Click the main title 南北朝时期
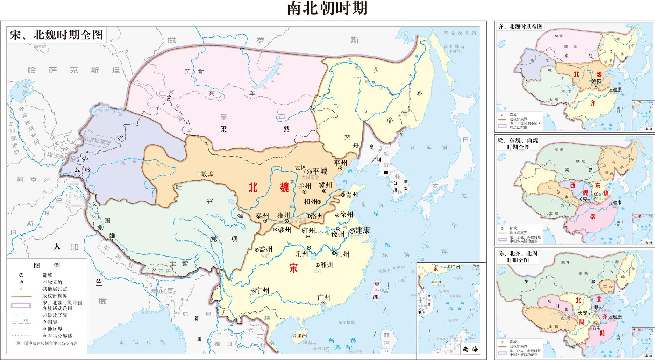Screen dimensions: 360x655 point(327,8)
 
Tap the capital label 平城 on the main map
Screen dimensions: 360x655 point(320,171)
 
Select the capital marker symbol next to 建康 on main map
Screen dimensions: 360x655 point(352,231)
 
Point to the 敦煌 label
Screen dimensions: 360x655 point(207,174)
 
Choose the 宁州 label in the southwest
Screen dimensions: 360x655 point(262,290)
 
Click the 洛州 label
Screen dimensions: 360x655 point(318,216)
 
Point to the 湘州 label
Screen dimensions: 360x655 point(327,265)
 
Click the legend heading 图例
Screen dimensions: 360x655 point(47,266)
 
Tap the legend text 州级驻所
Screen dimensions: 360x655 point(52,282)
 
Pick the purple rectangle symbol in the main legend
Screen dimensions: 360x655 point(21,305)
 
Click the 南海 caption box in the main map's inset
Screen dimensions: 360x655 point(470,348)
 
